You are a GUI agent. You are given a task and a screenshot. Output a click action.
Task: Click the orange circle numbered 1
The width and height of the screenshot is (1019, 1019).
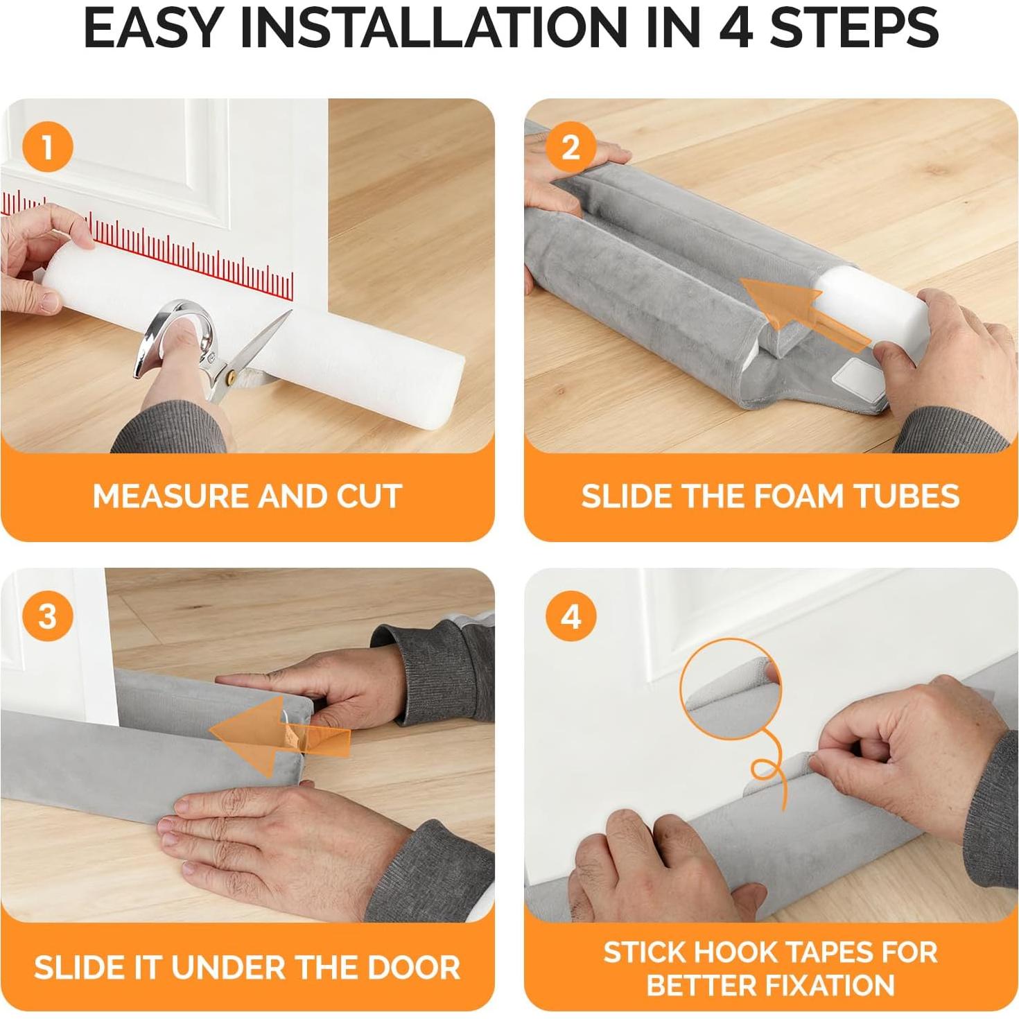47,147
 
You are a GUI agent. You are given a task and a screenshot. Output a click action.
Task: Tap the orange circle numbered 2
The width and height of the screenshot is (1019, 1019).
571,147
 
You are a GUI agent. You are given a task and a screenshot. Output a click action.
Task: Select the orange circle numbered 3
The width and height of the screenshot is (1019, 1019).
47,616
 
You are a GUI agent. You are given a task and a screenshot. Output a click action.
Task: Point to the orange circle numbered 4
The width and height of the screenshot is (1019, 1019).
571,616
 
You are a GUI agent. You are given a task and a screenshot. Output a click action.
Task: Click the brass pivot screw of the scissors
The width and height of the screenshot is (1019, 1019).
231,378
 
